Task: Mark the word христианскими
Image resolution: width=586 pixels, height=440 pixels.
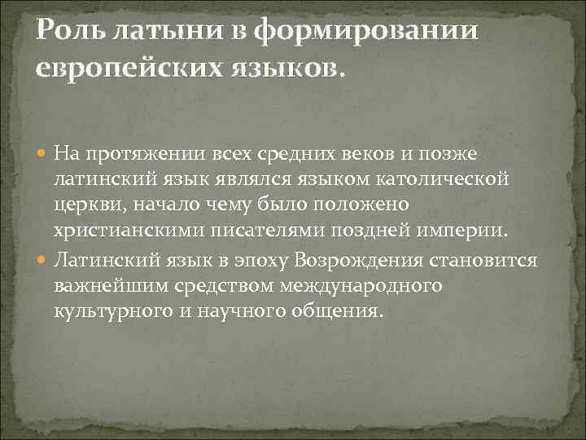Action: (x=113, y=227)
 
